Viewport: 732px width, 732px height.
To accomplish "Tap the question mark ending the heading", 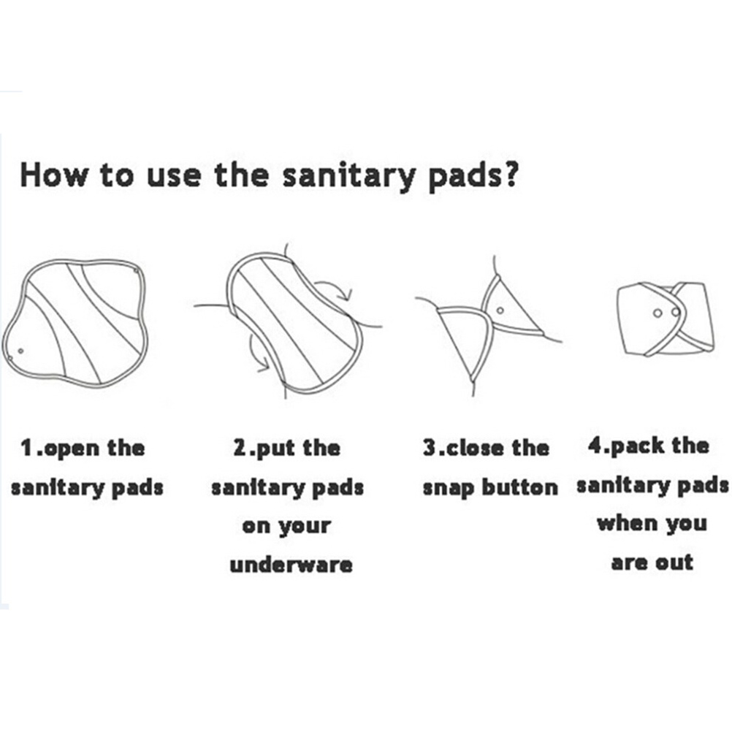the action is [x=511, y=174].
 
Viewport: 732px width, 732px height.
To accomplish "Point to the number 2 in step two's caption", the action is [x=240, y=447].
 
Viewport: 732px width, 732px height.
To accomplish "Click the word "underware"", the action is [x=291, y=565].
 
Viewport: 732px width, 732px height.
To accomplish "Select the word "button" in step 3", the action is [x=519, y=487].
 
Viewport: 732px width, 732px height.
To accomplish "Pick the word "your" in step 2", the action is [x=305, y=527].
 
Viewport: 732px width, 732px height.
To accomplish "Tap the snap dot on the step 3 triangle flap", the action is [x=500, y=310].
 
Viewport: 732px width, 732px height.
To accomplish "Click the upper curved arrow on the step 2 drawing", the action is [x=336, y=287].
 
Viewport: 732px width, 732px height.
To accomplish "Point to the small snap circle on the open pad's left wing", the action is [x=20, y=351].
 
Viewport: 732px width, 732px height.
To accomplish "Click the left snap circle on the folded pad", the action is [x=657, y=313].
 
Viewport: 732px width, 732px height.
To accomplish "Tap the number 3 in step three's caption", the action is [x=430, y=447].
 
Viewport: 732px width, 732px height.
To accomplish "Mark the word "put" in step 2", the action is [x=275, y=449].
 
